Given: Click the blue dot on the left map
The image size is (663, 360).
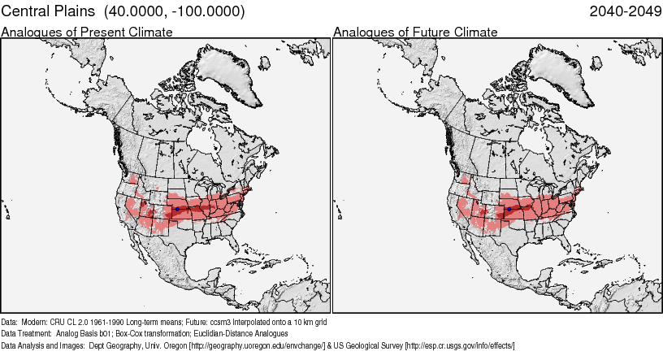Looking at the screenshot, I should click(x=177, y=209).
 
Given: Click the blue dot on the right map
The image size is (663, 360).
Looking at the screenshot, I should click(x=509, y=209).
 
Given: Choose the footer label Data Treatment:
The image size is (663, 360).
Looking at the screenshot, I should click(x=27, y=334).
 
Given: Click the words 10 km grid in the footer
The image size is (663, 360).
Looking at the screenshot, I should click(x=310, y=322).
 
